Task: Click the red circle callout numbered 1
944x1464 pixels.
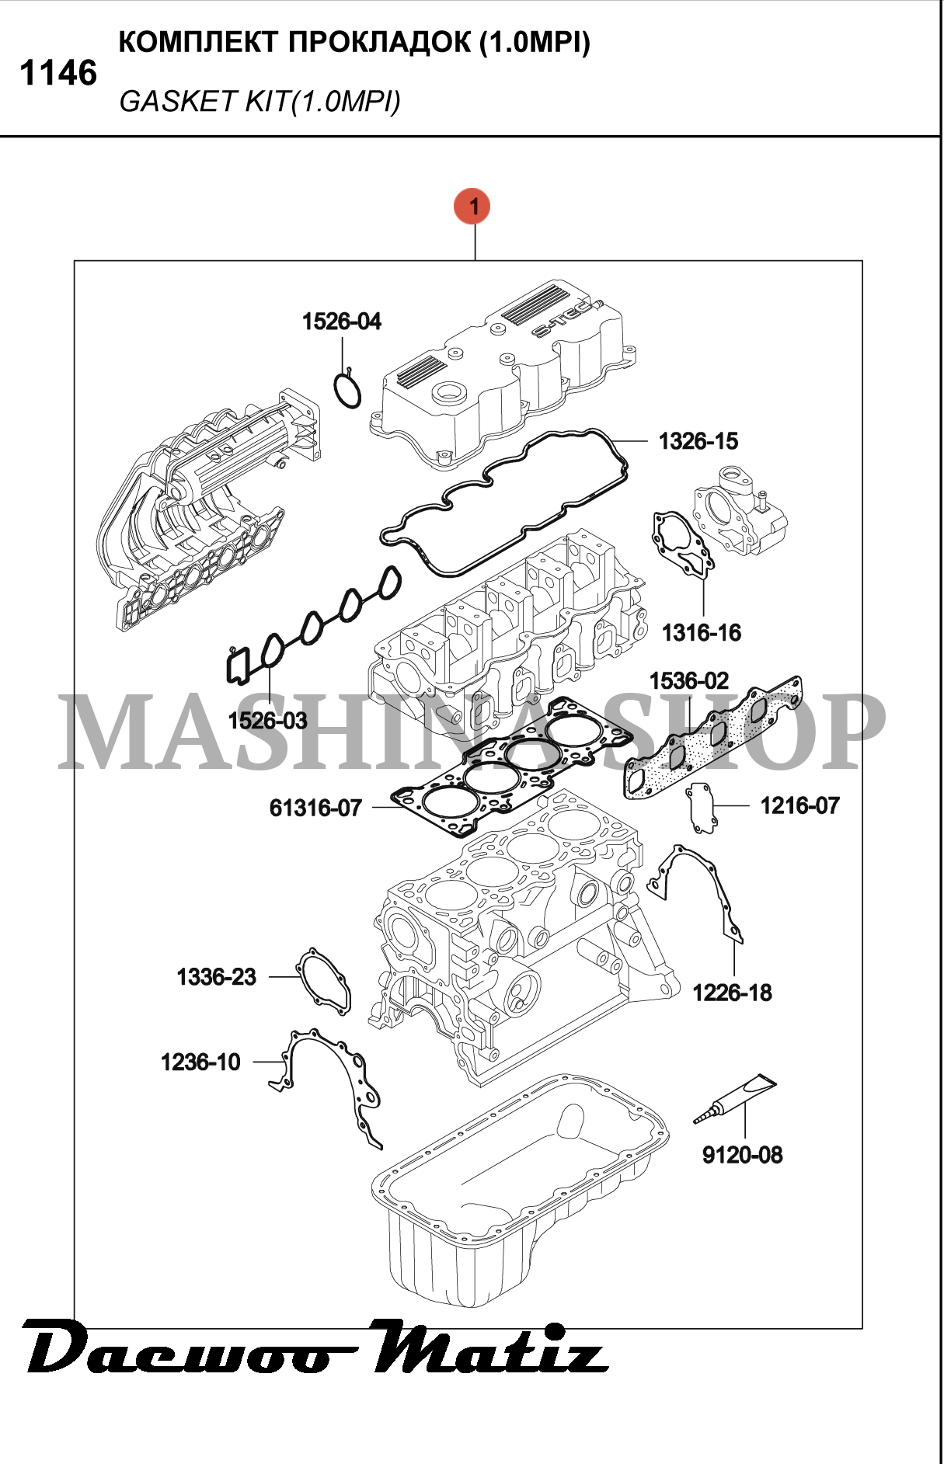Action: click(x=474, y=207)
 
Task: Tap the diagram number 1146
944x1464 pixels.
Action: click(x=58, y=74)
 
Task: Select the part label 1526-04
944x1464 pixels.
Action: click(x=342, y=322)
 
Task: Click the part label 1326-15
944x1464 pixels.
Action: click(x=698, y=441)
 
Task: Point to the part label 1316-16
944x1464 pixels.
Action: click(x=702, y=632)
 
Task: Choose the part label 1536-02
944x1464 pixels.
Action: click(x=689, y=681)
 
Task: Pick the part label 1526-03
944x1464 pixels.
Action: click(x=267, y=721)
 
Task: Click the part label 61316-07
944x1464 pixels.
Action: click(x=315, y=808)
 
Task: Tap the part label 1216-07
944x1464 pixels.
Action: click(x=800, y=805)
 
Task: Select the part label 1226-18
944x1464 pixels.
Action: click(x=732, y=993)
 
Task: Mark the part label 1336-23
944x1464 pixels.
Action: click(x=216, y=976)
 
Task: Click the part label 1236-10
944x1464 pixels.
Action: click(x=200, y=1062)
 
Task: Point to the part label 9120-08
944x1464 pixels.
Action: click(x=743, y=1155)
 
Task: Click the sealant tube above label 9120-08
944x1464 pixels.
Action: click(x=734, y=1099)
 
